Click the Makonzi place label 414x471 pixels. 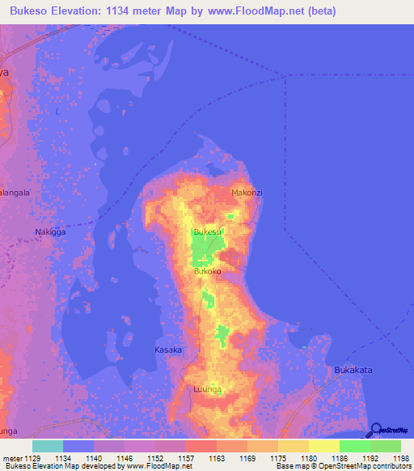(x=247, y=193)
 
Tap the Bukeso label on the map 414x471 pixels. (x=207, y=232)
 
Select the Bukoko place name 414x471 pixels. (x=207, y=272)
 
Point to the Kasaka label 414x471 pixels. (x=168, y=350)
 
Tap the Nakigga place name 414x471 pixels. (x=49, y=232)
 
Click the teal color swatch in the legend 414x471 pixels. (x=48, y=446)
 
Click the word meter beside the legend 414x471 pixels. (x=13, y=458)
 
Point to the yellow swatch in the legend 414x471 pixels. (x=323, y=446)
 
